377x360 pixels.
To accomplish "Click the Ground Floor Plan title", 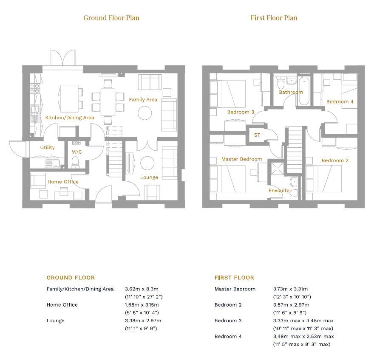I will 111,17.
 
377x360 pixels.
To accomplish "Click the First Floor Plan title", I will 274,17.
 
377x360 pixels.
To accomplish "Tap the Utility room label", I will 47,148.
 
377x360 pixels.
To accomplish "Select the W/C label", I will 77,152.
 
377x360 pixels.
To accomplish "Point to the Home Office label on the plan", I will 63,182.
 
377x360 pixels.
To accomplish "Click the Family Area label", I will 143,100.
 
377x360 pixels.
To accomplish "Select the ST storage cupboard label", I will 257,135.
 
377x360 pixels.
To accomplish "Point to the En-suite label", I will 279,191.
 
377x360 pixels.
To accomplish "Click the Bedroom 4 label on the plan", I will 340,102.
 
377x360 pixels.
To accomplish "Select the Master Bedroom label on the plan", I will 241,159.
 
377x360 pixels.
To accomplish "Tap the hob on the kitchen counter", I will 34,89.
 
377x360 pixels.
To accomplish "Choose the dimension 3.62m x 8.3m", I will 142,289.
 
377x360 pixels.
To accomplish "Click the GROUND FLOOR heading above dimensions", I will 71,278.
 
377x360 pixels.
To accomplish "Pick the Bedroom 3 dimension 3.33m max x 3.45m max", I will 303,321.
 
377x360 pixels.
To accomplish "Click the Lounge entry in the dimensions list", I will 55,321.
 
